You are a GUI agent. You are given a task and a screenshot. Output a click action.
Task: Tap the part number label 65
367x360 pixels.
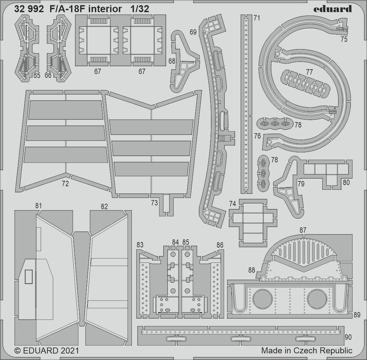tap(37, 75)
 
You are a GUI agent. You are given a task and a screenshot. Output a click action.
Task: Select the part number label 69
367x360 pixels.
tap(193, 32)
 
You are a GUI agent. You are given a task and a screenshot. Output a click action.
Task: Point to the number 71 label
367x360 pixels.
tap(257, 18)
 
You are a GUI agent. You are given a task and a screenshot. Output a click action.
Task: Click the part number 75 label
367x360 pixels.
tap(344, 39)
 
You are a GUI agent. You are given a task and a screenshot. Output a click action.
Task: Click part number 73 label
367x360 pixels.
tap(154, 203)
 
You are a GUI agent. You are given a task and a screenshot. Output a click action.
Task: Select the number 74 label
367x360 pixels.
tap(232, 204)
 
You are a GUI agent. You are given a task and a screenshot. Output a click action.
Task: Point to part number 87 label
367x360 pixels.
tap(303, 230)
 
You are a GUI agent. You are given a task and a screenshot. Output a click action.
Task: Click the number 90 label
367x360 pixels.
tap(348, 337)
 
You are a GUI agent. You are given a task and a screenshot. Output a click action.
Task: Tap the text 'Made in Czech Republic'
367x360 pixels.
tap(306, 350)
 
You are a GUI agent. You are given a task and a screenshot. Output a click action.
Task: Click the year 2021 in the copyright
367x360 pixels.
tap(69, 350)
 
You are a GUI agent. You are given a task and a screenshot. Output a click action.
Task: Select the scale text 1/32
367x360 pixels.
tap(139, 9)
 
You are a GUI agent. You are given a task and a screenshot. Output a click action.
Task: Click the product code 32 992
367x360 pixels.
tap(29, 9)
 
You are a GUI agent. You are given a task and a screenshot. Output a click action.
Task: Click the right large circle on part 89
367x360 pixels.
tap(317, 299)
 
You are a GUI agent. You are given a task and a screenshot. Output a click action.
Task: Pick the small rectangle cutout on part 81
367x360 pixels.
tap(29, 277)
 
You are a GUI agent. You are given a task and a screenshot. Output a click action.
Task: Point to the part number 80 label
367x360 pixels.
tap(346, 182)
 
